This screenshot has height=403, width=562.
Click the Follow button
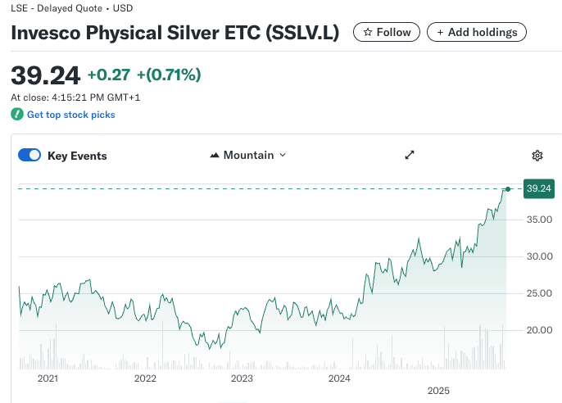(x=387, y=32)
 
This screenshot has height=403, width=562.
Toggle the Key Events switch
(x=29, y=156)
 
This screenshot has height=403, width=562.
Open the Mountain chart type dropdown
(x=248, y=155)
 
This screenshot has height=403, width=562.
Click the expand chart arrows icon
(x=410, y=155)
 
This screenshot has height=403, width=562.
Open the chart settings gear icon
(x=537, y=156)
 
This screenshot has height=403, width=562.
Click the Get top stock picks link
(x=70, y=115)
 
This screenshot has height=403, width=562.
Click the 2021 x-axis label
(x=48, y=378)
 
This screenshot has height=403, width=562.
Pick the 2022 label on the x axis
(x=145, y=378)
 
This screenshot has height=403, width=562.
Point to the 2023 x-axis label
(x=242, y=378)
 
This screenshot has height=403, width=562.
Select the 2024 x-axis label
(x=339, y=378)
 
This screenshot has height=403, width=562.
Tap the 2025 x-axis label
(x=438, y=392)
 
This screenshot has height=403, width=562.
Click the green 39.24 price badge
(x=538, y=188)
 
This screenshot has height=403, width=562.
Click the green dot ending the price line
(x=508, y=189)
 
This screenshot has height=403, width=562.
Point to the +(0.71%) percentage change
(x=169, y=75)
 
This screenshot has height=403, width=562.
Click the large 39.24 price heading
(x=45, y=75)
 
